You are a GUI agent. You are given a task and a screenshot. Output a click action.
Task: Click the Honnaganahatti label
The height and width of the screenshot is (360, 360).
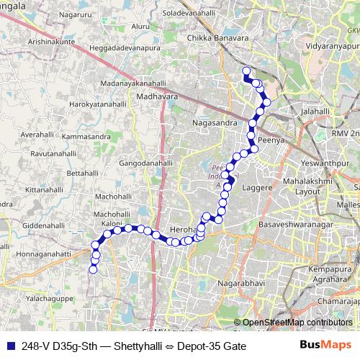(35, 253)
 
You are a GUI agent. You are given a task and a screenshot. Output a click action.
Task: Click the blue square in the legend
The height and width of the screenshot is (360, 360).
(9, 346)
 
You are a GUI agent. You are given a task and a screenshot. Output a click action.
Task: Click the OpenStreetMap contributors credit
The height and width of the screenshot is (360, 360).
(297, 322)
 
